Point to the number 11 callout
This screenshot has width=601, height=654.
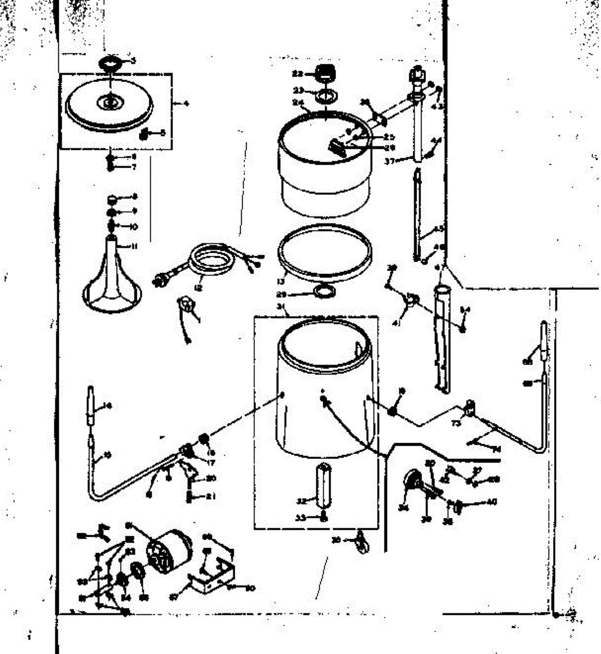click(x=133, y=246)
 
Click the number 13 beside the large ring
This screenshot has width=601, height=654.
click(x=281, y=282)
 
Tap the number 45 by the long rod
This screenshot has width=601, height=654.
click(x=439, y=229)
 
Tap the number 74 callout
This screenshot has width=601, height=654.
click(x=496, y=449)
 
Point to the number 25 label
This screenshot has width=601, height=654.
click(x=389, y=137)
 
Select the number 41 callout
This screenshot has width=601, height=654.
click(x=403, y=323)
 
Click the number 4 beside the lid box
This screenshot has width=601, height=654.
click(x=186, y=103)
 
